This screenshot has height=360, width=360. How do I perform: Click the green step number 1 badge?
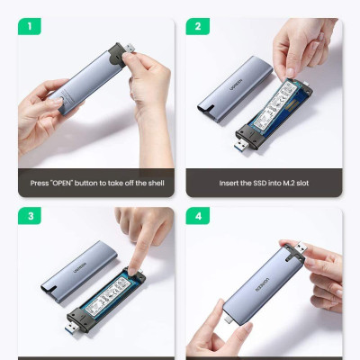(29, 27)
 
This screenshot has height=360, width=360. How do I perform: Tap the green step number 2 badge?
(197, 27)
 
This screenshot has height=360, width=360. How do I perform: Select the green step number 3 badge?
(29, 218)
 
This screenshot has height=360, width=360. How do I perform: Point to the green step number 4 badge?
(197, 218)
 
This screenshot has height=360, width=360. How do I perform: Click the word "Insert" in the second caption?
(231, 183)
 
